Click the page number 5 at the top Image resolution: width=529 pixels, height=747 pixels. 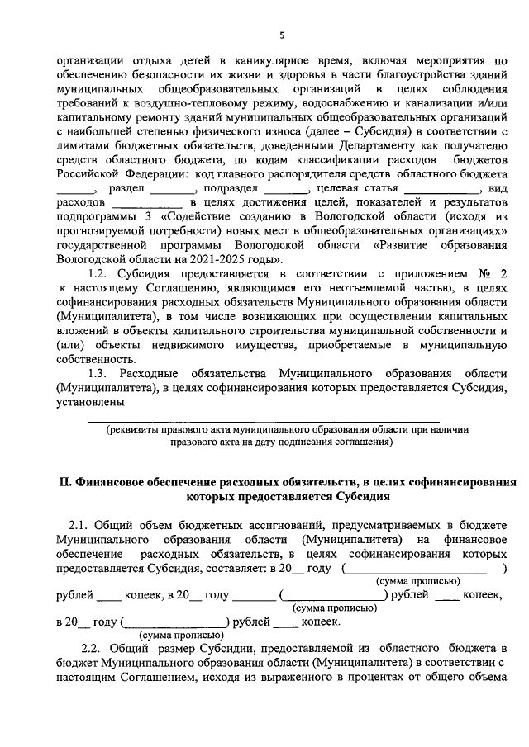(x=281, y=35)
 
